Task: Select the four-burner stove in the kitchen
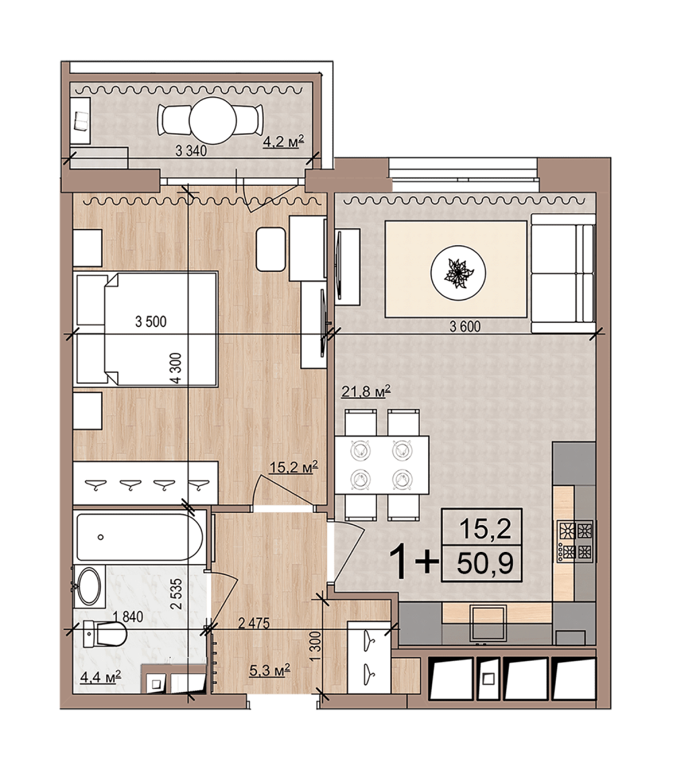[575, 542]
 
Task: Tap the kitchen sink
[488, 623]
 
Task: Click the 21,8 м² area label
[365, 391]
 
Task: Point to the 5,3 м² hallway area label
[269, 670]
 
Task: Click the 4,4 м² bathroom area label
[100, 678]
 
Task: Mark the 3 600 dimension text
[465, 326]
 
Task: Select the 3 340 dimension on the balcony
[191, 151]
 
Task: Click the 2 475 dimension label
[254, 623]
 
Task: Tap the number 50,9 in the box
[485, 564]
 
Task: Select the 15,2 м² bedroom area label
[293, 466]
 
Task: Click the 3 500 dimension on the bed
[151, 322]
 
